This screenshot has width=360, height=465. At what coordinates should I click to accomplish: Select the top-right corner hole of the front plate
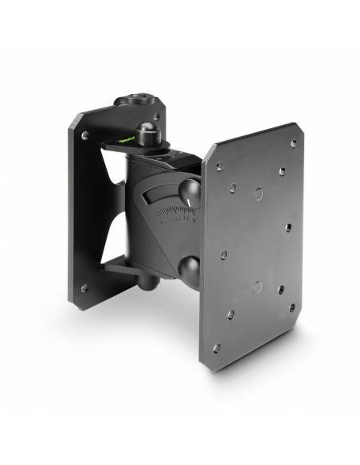tap(294, 143)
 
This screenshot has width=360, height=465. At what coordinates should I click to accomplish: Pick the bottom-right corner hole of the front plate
tap(292, 307)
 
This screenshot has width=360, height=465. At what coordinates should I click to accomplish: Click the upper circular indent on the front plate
tap(258, 193)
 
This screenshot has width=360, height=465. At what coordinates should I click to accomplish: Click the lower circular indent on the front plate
tap(256, 286)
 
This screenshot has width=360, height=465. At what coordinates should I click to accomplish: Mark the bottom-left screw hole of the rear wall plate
tap(84, 288)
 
